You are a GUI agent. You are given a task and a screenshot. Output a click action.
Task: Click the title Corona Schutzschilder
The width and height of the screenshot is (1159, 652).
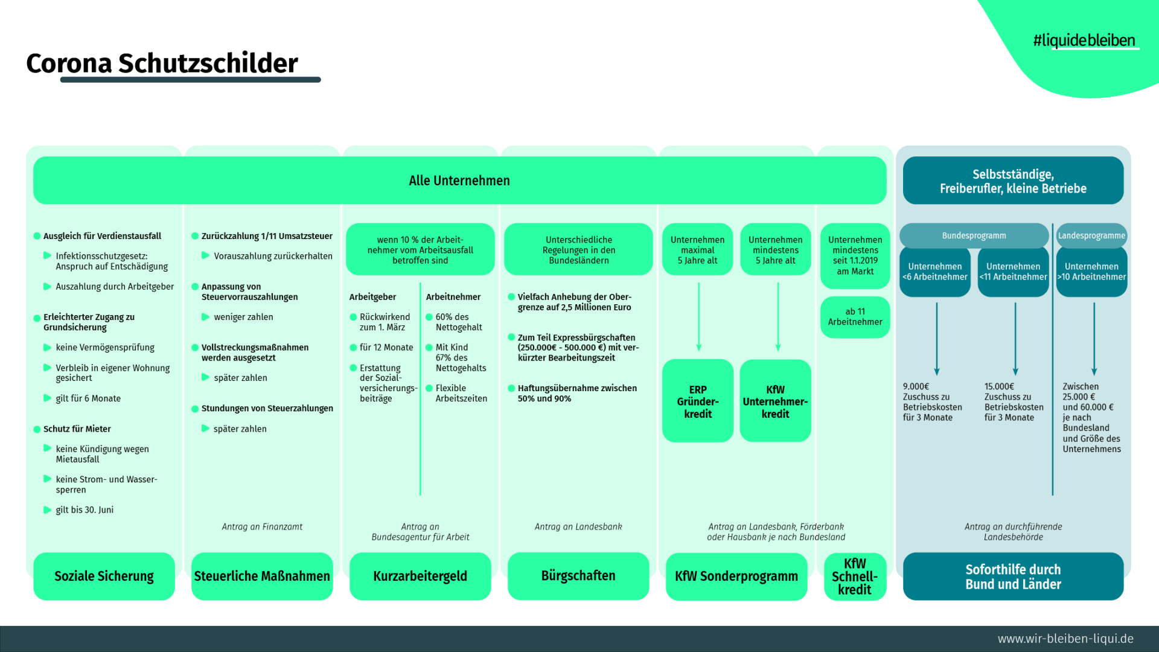pos(162,63)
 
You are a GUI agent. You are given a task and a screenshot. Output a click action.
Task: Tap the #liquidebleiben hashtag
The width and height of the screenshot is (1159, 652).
pos(1084,40)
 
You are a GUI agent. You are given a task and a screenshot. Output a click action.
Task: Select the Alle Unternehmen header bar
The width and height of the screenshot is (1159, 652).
pos(459,181)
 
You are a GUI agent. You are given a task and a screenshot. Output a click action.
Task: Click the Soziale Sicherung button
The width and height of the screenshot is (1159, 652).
pos(104,576)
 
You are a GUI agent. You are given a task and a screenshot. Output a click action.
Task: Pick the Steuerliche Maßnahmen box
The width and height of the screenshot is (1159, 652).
pos(262,576)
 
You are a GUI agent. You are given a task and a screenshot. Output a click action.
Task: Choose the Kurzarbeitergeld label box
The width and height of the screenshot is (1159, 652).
pos(420,576)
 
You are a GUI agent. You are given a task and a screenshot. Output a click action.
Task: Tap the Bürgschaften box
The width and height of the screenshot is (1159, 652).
pos(578,576)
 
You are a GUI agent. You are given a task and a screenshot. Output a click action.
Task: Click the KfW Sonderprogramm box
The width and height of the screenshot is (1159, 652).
pos(736,576)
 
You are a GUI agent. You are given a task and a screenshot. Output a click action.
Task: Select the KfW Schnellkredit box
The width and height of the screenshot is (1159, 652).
pos(855,577)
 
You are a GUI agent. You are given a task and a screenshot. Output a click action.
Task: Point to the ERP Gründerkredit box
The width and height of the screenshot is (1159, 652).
pos(698,401)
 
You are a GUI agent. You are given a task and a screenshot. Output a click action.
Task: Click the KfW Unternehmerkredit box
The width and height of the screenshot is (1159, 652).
pos(775,401)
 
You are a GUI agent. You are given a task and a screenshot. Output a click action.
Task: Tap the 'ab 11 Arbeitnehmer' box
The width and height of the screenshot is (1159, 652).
pos(855,317)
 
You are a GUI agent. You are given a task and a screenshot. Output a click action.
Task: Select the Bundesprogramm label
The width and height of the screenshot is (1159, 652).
pos(974,235)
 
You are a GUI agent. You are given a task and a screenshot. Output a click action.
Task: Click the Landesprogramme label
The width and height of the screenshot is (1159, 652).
pos(1091,235)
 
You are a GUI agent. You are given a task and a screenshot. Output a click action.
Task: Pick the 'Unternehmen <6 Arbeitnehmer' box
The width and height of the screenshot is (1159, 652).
pos(935,272)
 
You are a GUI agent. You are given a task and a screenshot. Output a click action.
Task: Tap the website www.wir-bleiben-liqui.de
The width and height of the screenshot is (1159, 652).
pos(1065,639)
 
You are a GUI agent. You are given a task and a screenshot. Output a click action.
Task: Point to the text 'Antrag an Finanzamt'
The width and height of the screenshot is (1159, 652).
pos(262,527)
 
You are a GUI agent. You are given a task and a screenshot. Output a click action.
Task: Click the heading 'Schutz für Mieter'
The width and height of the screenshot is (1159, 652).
pos(77,429)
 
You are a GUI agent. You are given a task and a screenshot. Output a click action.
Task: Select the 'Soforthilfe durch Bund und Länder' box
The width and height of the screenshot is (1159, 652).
pos(1013,577)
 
